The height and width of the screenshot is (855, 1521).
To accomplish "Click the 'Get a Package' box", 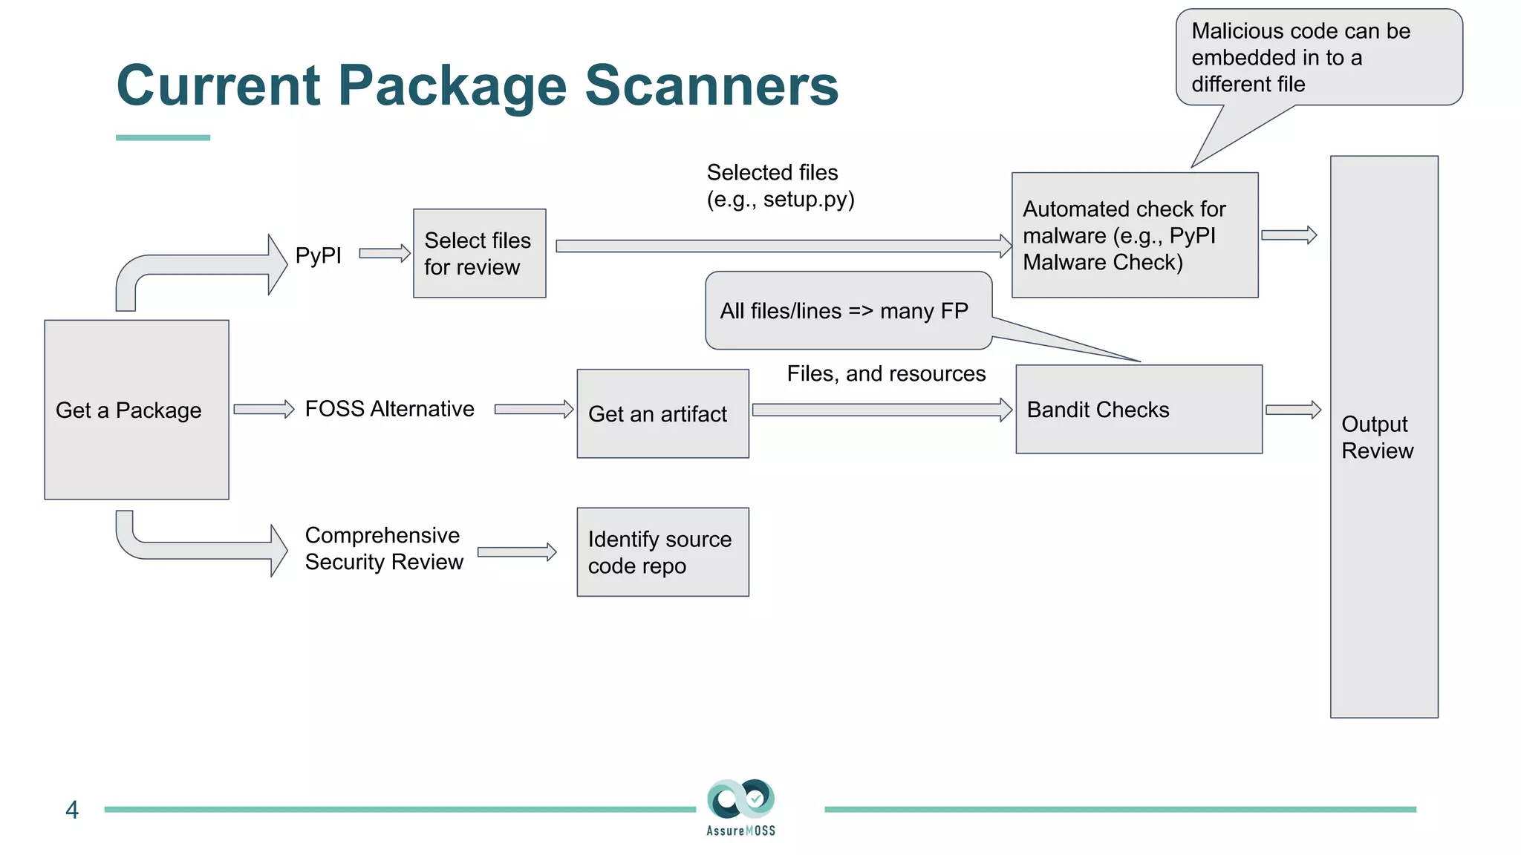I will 137,410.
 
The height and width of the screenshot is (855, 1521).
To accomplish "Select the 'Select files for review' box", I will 479,254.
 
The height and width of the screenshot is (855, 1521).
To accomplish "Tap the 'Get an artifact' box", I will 662,413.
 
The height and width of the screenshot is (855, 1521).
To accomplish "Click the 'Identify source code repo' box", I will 662,552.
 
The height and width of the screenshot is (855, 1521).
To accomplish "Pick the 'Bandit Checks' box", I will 1139,409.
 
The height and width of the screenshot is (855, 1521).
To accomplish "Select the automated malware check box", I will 1134,235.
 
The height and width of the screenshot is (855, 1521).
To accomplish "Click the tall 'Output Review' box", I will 1384,436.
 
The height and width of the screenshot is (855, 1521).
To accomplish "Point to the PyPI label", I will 318,255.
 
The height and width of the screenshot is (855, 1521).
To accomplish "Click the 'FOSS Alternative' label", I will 389,409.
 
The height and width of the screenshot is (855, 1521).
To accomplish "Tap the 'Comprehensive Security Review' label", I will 384,548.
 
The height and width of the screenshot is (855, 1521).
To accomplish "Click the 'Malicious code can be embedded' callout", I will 1318,57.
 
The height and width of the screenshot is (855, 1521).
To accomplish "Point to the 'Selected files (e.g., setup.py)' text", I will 780,186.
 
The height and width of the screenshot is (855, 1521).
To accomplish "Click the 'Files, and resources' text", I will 886,373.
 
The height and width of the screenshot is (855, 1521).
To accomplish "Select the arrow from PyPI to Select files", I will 385,254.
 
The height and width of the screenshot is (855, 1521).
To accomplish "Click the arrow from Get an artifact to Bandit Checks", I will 882,410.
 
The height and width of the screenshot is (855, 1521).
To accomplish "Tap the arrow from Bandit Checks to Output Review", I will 1293,410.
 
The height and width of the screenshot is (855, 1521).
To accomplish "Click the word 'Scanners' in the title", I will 711,85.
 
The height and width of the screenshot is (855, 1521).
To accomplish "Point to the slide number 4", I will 72,810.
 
